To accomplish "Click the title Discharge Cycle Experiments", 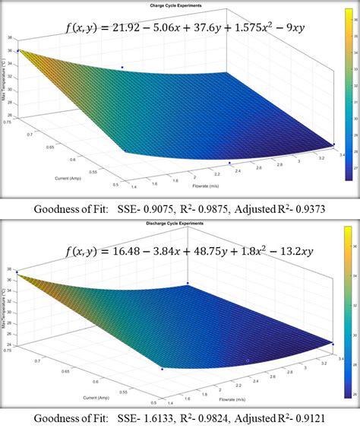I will [180, 225].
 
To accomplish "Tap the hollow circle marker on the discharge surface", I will [247, 360].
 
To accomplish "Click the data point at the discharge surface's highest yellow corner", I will [17, 273].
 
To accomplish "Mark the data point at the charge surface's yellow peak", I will [17, 51].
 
